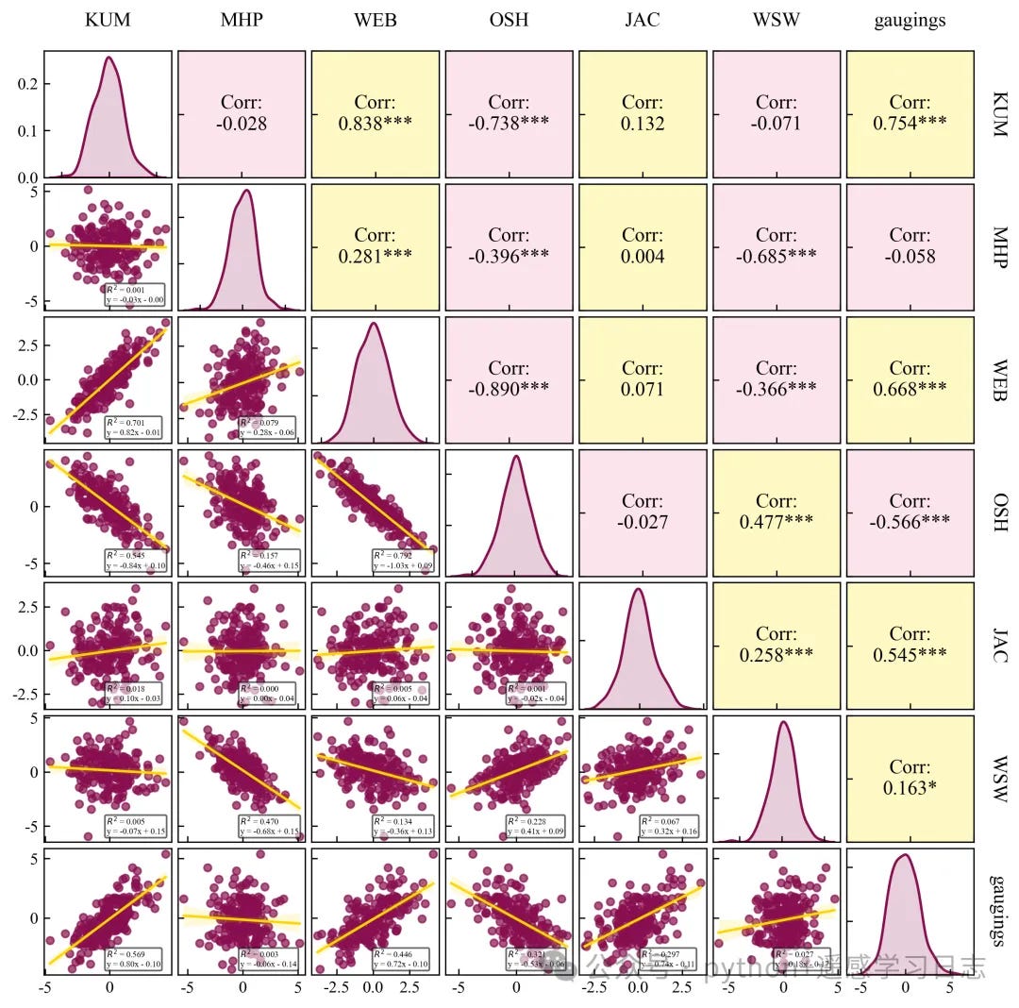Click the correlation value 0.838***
[x=375, y=124]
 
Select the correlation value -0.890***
[x=509, y=389]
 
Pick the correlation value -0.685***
[x=777, y=256]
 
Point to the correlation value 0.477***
[x=777, y=522]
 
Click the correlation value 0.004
[x=643, y=256]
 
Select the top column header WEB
[x=375, y=20]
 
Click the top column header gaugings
[x=910, y=20]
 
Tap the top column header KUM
[x=108, y=20]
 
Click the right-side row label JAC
[x=998, y=646]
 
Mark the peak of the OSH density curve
[x=516, y=457]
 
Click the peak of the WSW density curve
[x=783, y=723]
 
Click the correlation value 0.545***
[x=910, y=655]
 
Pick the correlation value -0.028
[x=241, y=124]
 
